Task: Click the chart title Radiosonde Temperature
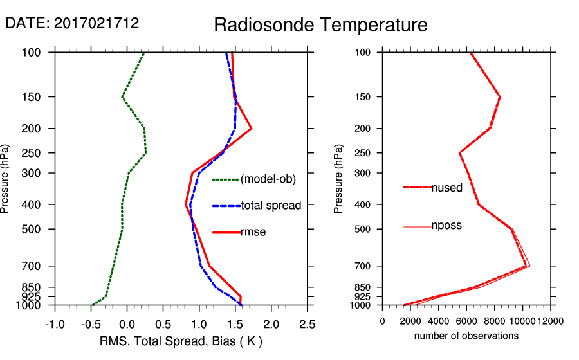pyautogui.click(x=320, y=25)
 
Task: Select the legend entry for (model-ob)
pyautogui.click(x=268, y=179)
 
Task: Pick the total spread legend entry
pyautogui.click(x=270, y=206)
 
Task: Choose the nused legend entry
pyautogui.click(x=446, y=188)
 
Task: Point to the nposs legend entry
pyautogui.click(x=446, y=226)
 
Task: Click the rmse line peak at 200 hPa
pyautogui.click(x=251, y=129)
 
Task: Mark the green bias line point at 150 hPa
pyautogui.click(x=122, y=97)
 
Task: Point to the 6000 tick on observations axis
pyautogui.click(x=466, y=321)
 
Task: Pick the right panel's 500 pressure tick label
pyautogui.click(x=363, y=229)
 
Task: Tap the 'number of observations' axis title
pyautogui.click(x=466, y=336)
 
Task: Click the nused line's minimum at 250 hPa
pyautogui.click(x=460, y=153)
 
